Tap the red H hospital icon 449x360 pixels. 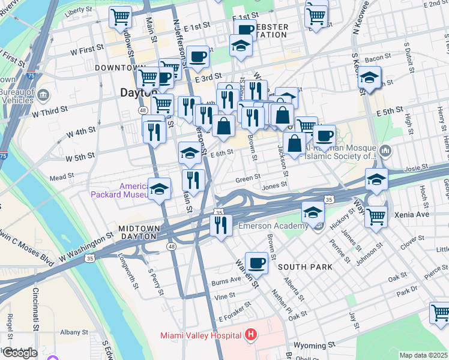[251, 334]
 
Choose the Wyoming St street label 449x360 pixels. [314, 346]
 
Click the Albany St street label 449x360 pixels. [74, 332]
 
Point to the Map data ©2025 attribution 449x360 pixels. [424, 355]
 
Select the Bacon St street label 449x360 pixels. [378, 58]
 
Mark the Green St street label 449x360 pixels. [247, 178]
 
